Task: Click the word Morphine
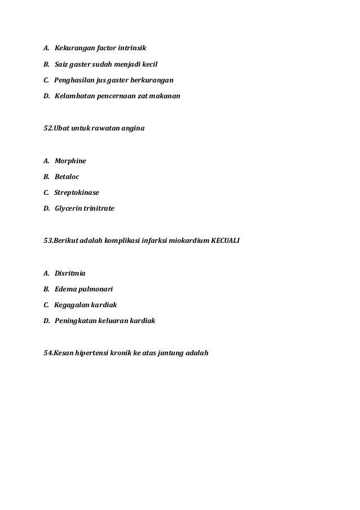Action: pos(71,161)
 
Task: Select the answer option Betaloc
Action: pos(67,177)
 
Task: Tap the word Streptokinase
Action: pos(76,193)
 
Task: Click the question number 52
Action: pos(48,129)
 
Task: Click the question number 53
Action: pos(48,241)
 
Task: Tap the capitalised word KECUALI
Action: pos(225,241)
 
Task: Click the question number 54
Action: pos(48,353)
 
